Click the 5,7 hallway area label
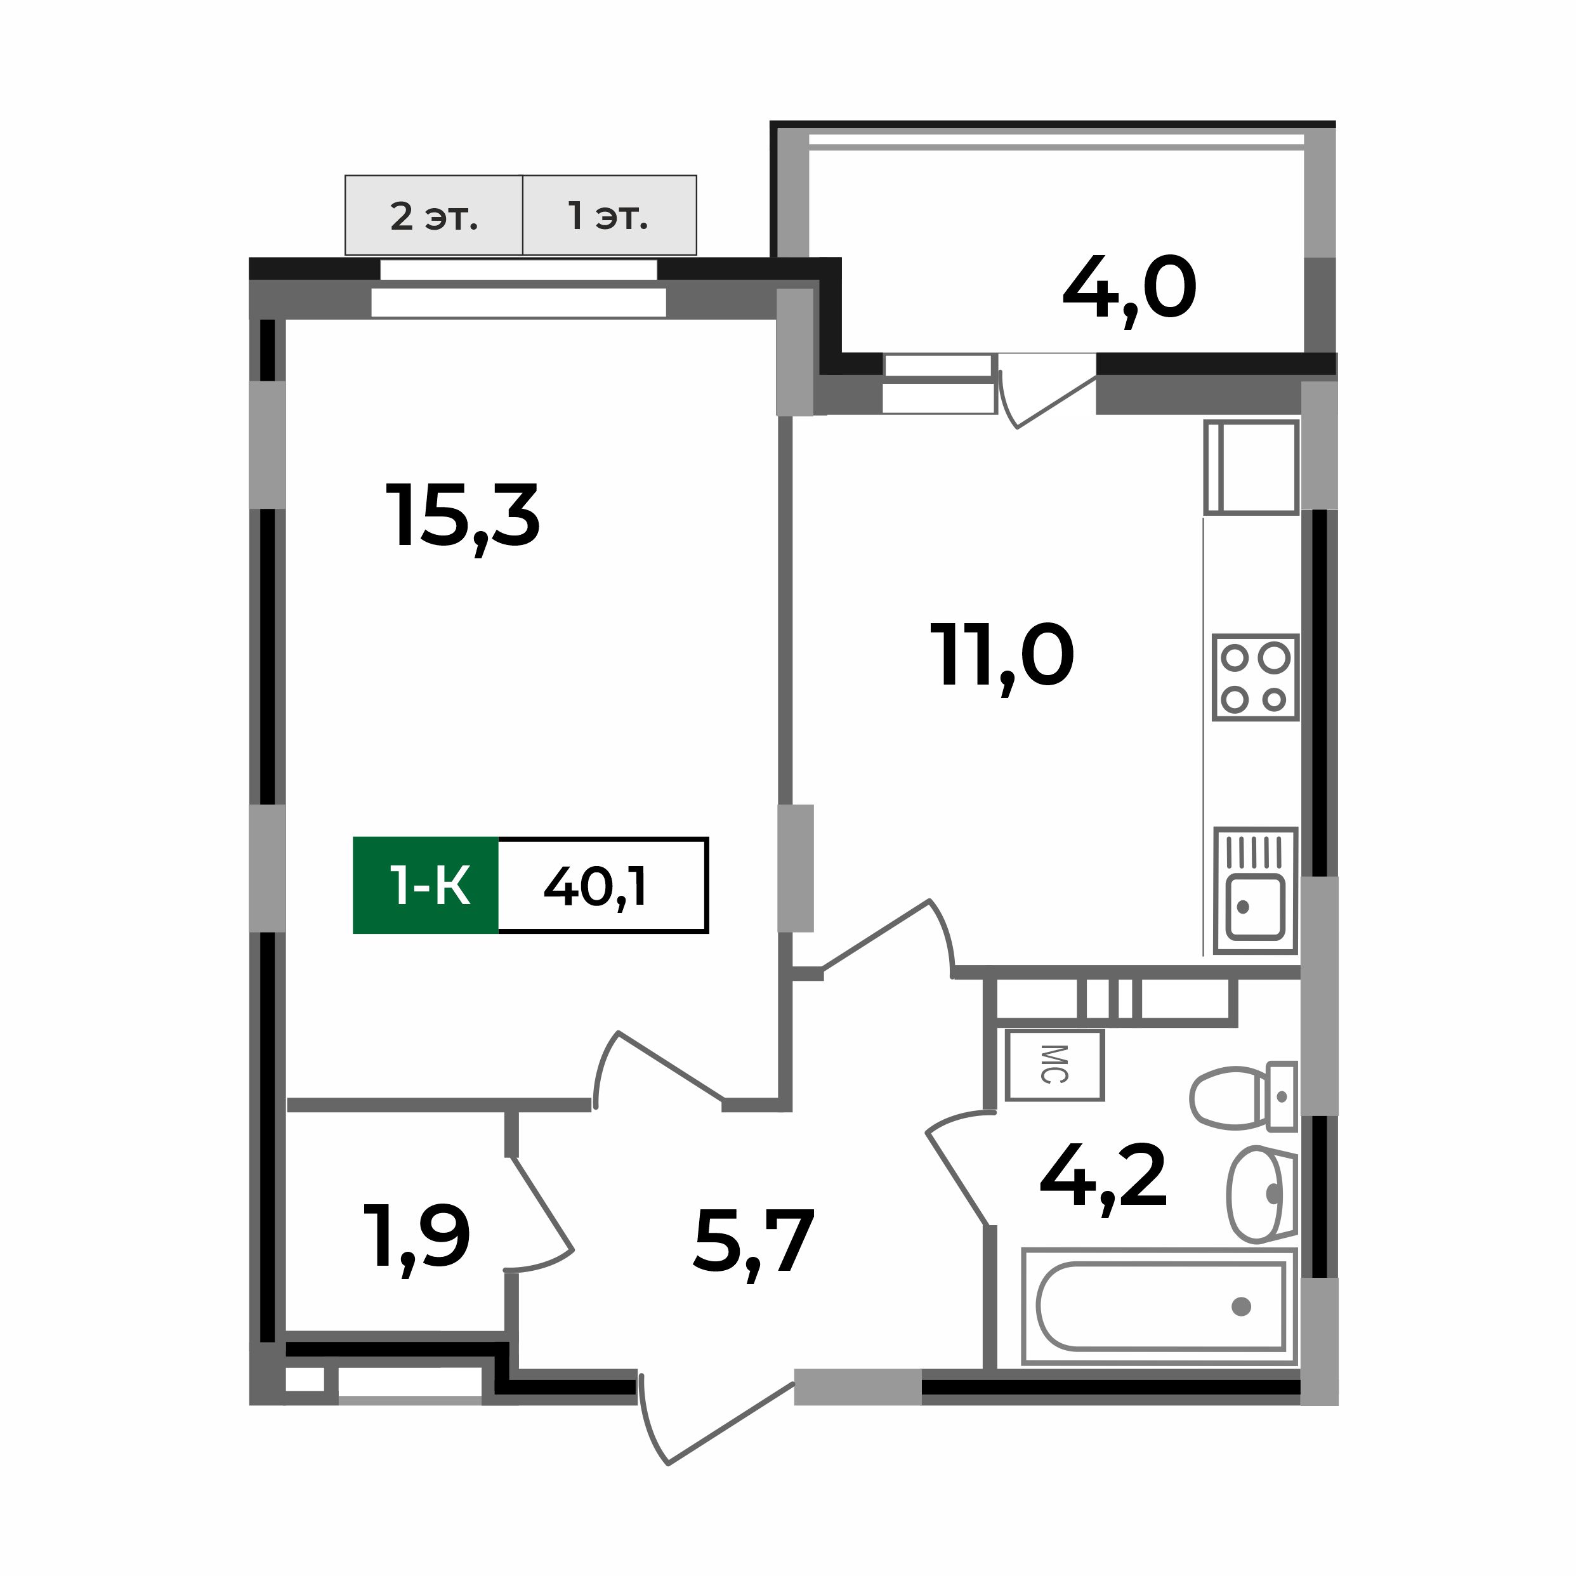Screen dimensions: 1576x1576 754,1242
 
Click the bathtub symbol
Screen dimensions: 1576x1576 1159,1306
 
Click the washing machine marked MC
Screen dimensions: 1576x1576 1054,1065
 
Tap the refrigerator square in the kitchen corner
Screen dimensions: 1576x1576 1251,468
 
